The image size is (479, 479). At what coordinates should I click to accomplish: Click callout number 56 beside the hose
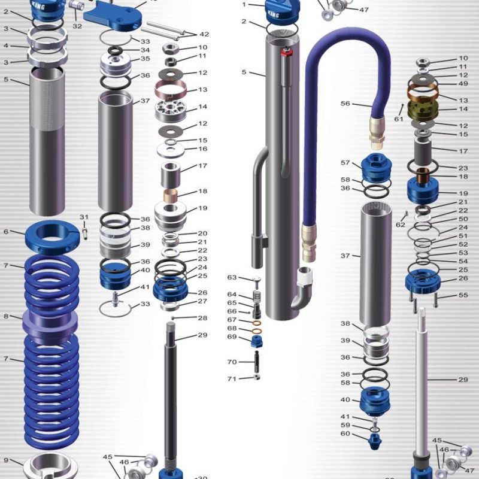click(345, 104)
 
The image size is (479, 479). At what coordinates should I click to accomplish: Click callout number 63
click(232, 278)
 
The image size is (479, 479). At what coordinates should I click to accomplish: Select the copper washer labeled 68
click(256, 329)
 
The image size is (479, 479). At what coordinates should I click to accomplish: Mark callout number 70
click(232, 362)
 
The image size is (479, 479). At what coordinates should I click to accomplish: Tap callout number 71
click(231, 378)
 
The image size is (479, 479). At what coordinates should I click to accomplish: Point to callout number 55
click(463, 295)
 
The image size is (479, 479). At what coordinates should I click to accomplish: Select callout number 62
click(400, 225)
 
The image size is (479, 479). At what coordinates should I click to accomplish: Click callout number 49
click(463, 83)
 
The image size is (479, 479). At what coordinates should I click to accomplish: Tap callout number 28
click(202, 318)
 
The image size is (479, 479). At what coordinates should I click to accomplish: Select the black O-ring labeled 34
click(115, 50)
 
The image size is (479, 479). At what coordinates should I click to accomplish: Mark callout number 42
click(204, 34)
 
